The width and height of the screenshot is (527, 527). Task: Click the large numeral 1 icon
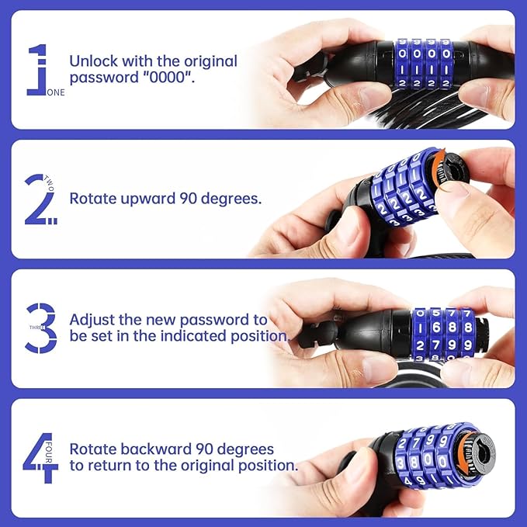click(36, 70)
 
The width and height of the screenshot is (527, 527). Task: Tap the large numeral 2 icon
click(39, 199)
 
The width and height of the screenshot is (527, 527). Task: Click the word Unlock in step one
click(92, 61)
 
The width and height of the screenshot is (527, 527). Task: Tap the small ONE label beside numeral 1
click(56, 92)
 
